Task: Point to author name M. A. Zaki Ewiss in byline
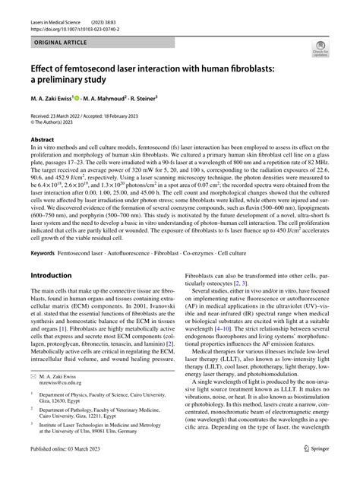[x=53, y=99]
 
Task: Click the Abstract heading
[x=43, y=140]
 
